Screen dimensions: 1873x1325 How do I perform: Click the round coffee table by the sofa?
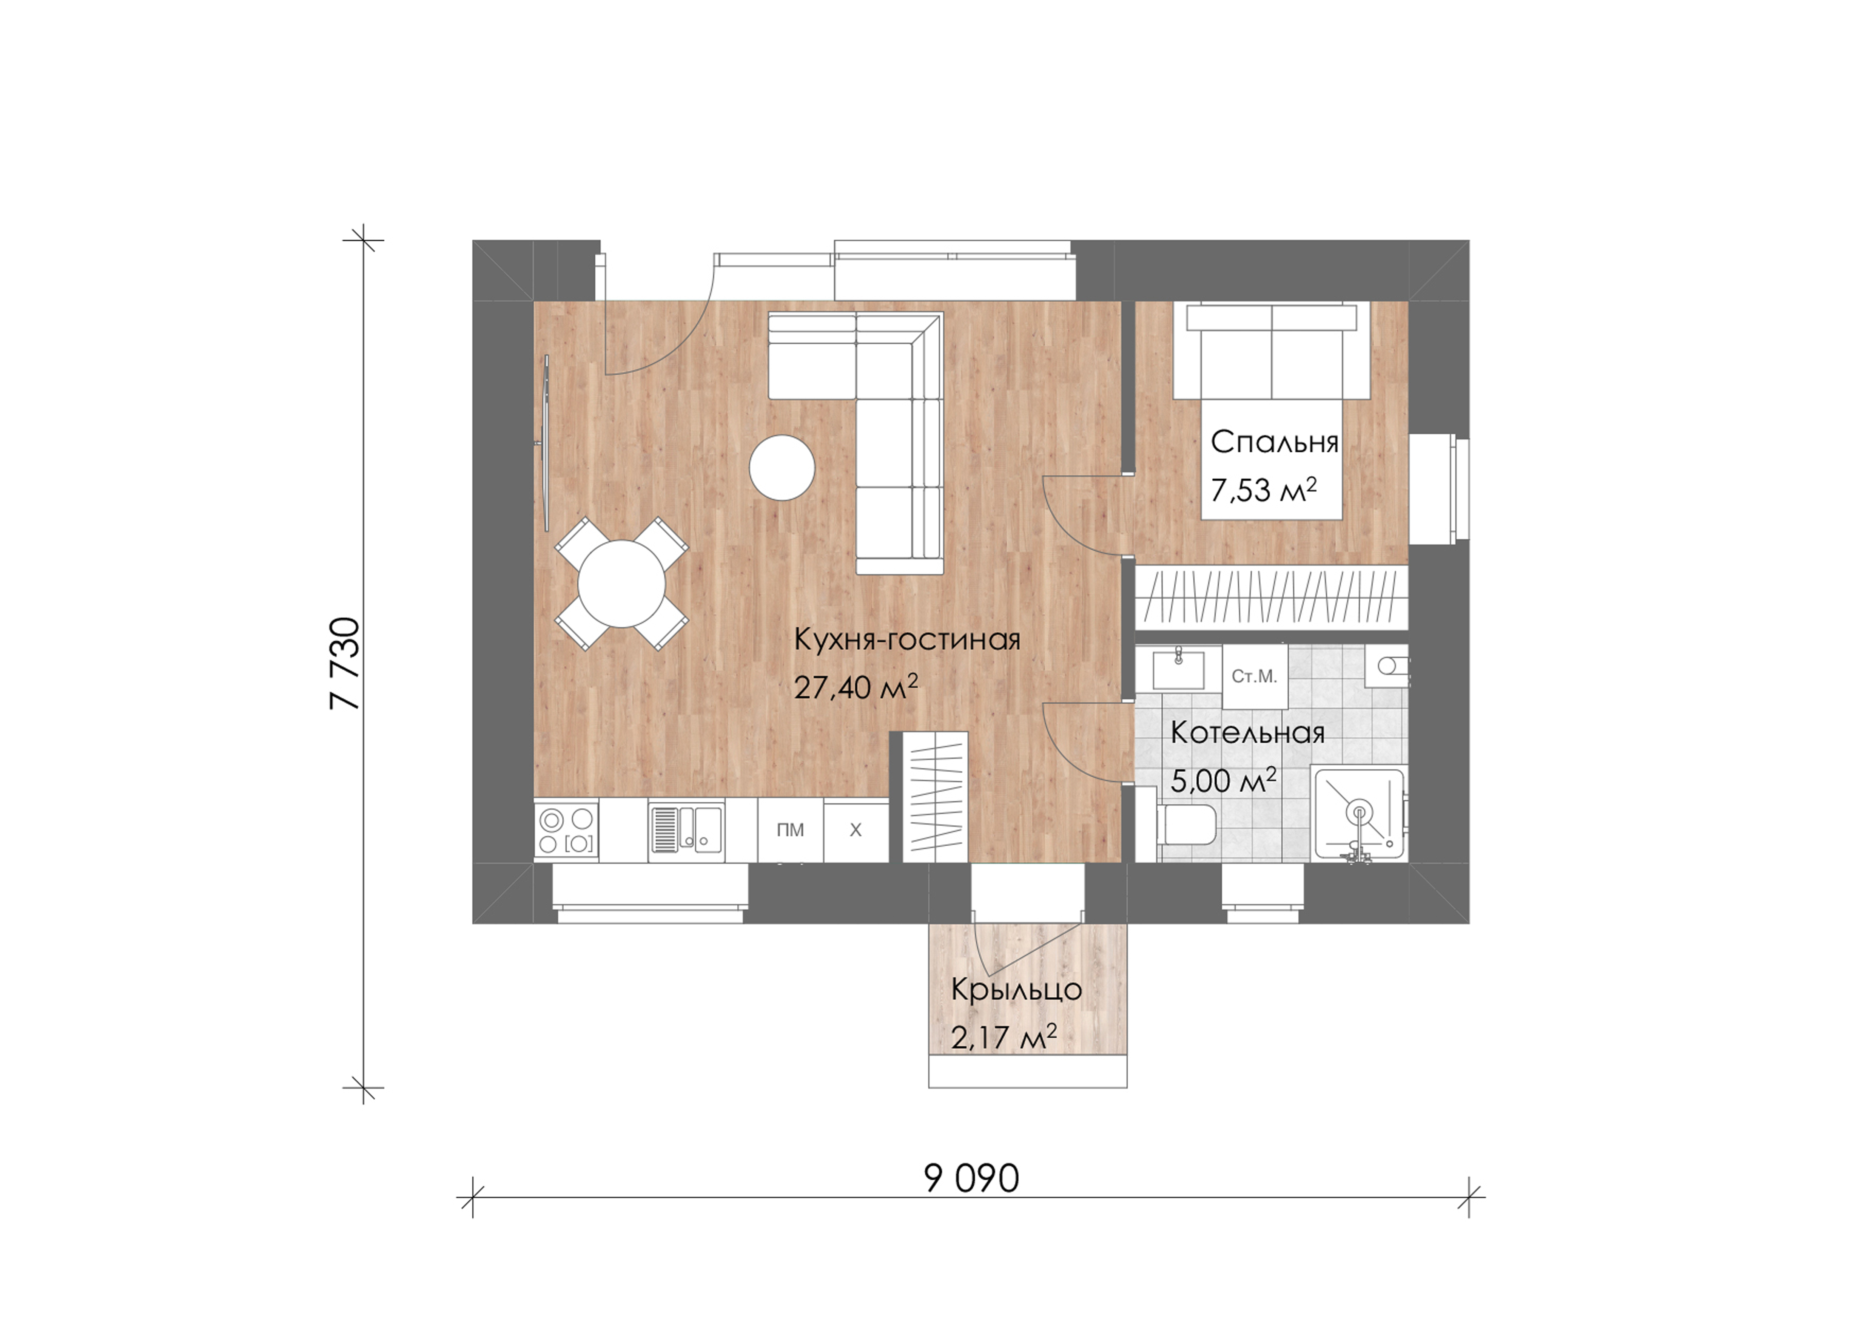(782, 468)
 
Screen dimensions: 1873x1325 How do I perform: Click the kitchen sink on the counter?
(686, 830)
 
